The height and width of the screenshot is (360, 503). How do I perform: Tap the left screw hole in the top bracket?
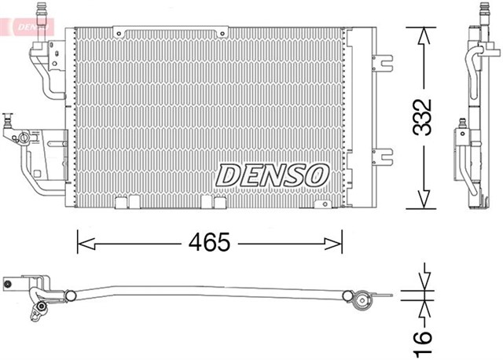pyautogui.click(x=118, y=33)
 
